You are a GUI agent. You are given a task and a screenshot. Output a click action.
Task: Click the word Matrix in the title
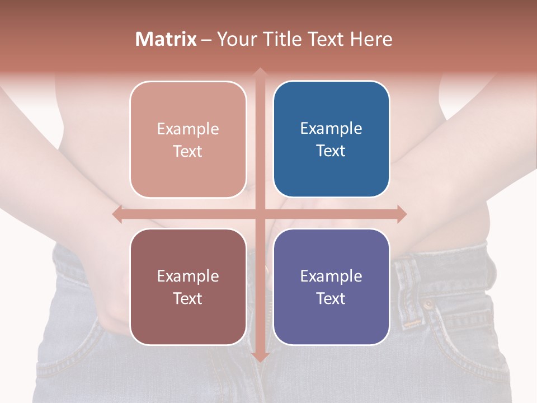166,39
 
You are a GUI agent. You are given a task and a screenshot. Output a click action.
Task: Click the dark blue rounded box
331,139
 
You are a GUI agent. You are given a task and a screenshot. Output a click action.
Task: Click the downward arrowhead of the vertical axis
260,357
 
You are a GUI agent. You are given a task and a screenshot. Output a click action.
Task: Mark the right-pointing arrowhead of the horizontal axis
401,214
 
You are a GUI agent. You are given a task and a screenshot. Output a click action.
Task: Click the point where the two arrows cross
260,214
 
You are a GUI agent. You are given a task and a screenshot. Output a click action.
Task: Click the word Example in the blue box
331,128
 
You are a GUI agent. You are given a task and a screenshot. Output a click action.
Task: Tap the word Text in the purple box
331,298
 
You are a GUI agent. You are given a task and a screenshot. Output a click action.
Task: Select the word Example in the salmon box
188,129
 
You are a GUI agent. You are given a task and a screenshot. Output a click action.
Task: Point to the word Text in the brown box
188,298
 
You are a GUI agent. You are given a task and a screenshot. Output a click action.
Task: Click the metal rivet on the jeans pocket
428,306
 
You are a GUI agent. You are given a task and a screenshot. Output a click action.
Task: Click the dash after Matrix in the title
206,40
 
